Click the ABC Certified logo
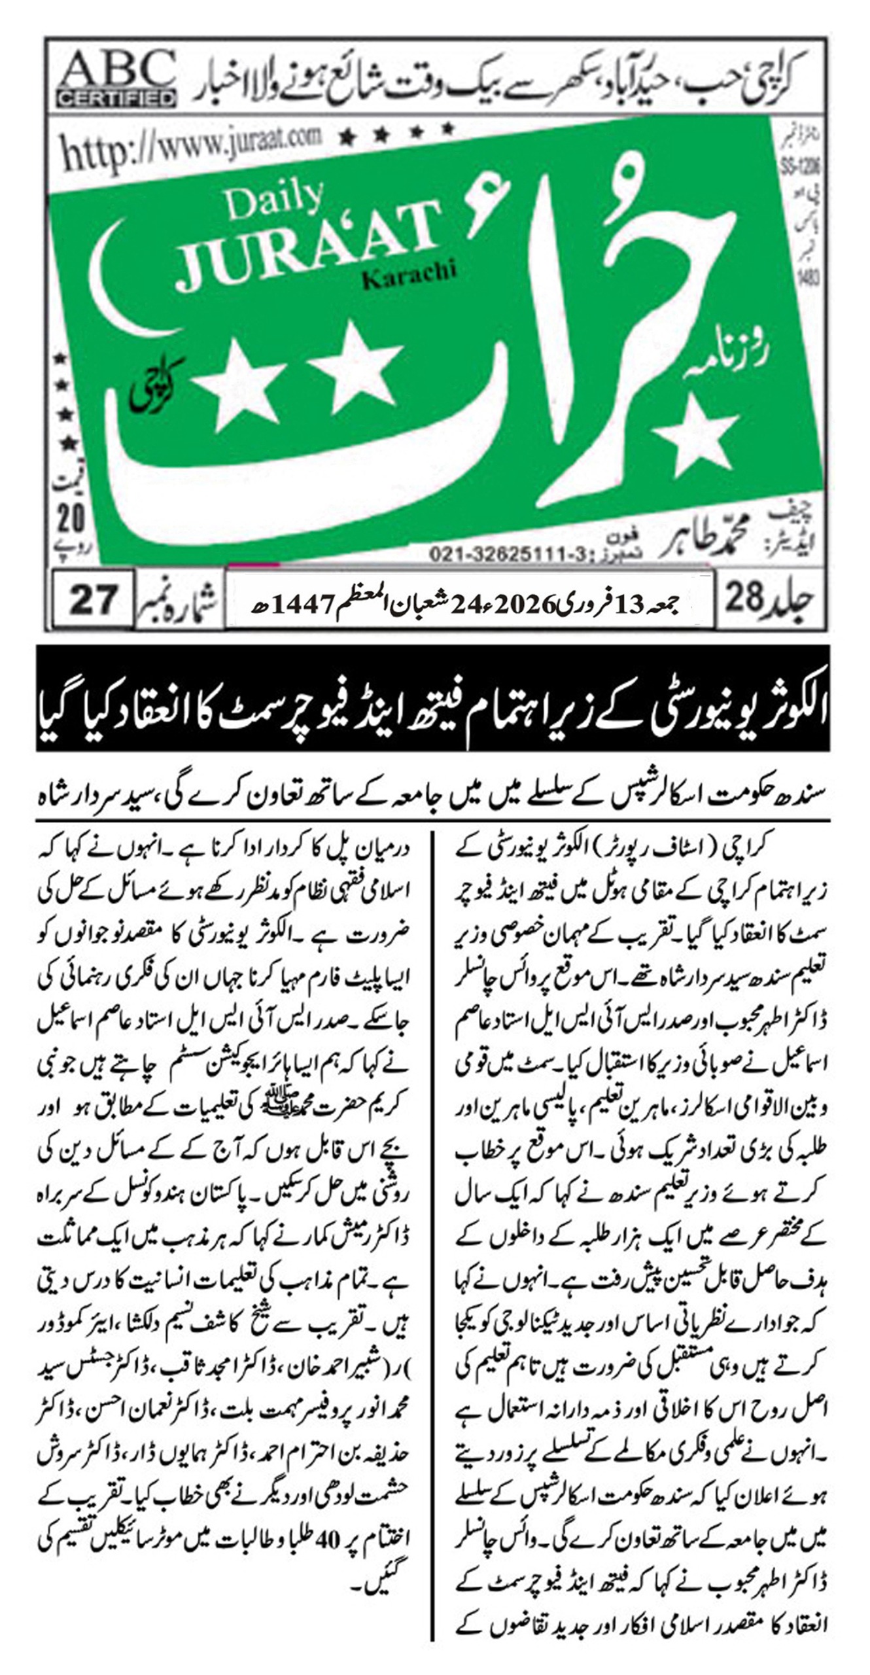[116, 79]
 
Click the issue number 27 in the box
[93, 599]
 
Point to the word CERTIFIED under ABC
[116, 98]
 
